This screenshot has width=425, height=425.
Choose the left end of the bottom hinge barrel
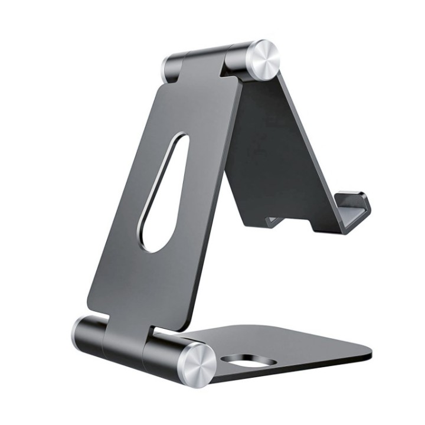83,334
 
